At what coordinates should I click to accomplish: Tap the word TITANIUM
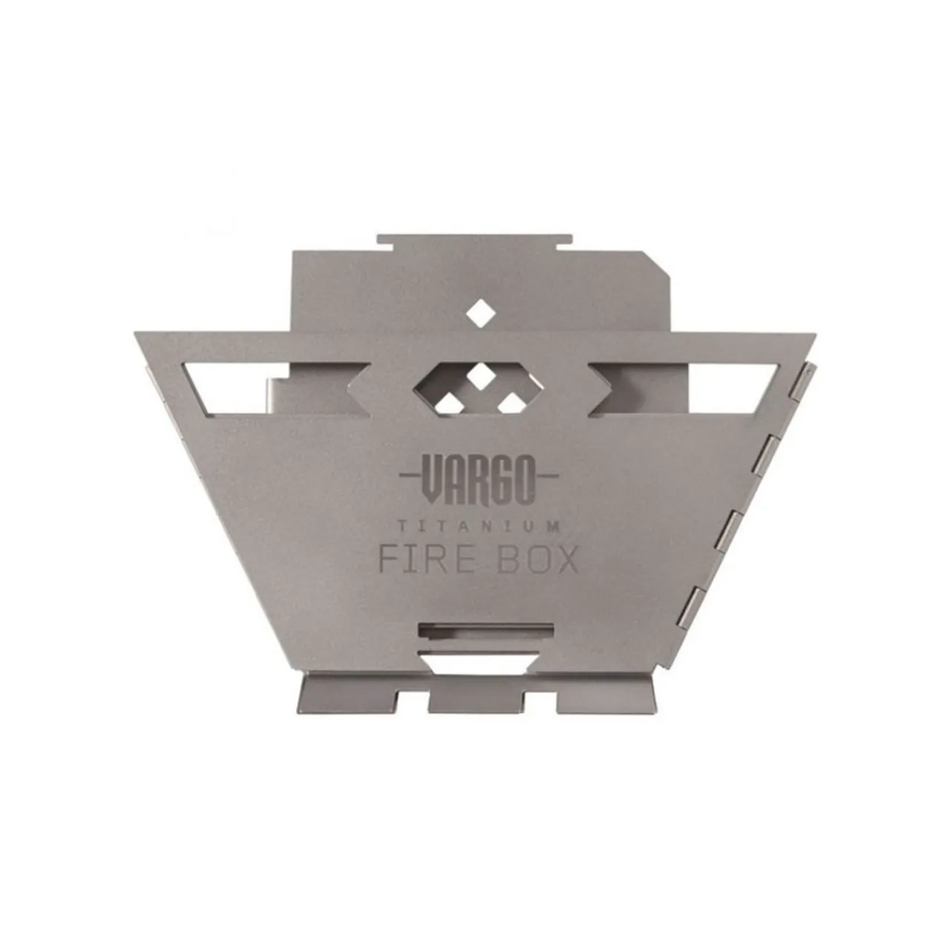478,527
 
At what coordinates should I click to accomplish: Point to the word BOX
537,560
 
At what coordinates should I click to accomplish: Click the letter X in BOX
566,560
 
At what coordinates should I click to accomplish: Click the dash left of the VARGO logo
409,475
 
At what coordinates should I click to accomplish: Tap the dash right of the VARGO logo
548,475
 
